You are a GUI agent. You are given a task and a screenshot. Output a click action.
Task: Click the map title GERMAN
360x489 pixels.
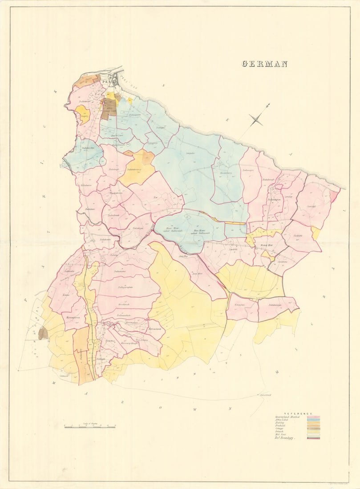(264, 64)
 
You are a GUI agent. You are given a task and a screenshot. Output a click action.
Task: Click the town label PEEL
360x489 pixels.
(106, 82)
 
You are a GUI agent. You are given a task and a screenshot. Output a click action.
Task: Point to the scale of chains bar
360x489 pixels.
(90, 427)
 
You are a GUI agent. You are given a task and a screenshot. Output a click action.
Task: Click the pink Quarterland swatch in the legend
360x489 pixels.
(313, 417)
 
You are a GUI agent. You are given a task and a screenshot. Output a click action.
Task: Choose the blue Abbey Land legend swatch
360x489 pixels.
(313, 421)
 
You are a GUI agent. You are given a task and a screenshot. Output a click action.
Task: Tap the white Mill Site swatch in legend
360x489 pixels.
(313, 435)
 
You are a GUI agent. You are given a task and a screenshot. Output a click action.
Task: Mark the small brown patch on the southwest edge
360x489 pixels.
(43, 333)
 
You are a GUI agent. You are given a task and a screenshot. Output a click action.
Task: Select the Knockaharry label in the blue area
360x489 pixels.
(227, 173)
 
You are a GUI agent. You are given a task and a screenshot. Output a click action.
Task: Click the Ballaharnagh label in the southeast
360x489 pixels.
(277, 305)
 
